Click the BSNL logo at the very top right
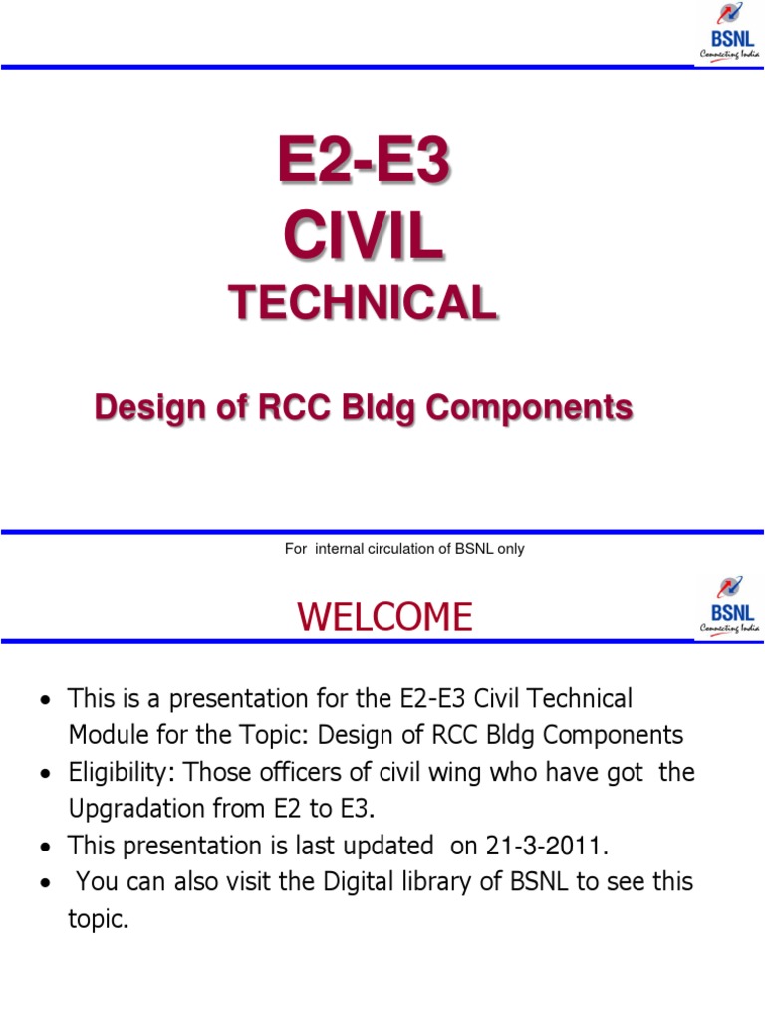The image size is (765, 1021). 730,34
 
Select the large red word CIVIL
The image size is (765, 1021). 364,238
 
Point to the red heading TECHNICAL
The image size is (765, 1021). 363,303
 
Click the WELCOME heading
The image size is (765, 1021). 384,618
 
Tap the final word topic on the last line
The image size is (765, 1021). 98,919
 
